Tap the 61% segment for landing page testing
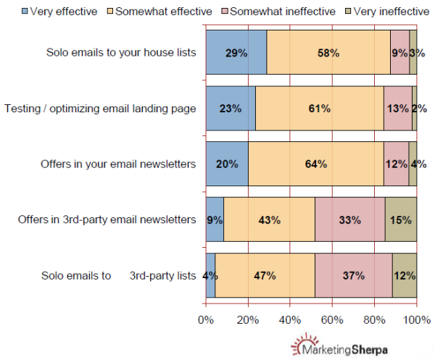coord(319,109)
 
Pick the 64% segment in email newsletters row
coord(315,164)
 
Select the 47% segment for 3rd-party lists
coord(265,275)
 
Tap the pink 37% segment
coord(353,275)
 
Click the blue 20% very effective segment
coord(227,164)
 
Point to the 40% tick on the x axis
coord(290,319)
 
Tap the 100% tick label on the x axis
coord(417,319)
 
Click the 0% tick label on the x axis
coord(206,319)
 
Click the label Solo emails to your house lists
coord(121,53)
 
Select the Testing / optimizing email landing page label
coord(100,109)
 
